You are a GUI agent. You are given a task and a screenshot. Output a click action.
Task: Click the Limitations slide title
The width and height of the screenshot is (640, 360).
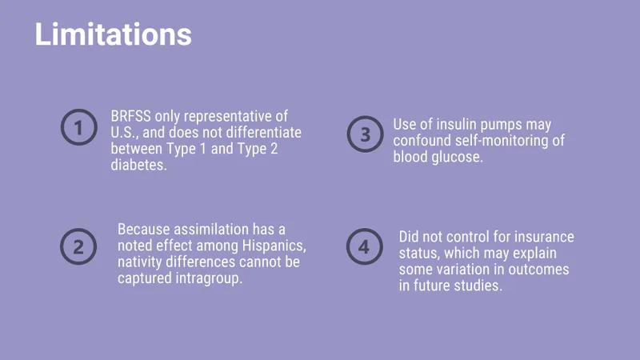[x=113, y=34]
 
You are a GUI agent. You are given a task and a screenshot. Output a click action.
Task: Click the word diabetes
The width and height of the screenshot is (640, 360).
[x=138, y=165]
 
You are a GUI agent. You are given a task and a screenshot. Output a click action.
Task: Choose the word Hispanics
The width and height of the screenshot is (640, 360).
[x=274, y=246]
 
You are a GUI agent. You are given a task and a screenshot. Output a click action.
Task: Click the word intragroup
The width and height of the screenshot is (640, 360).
[x=209, y=278]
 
